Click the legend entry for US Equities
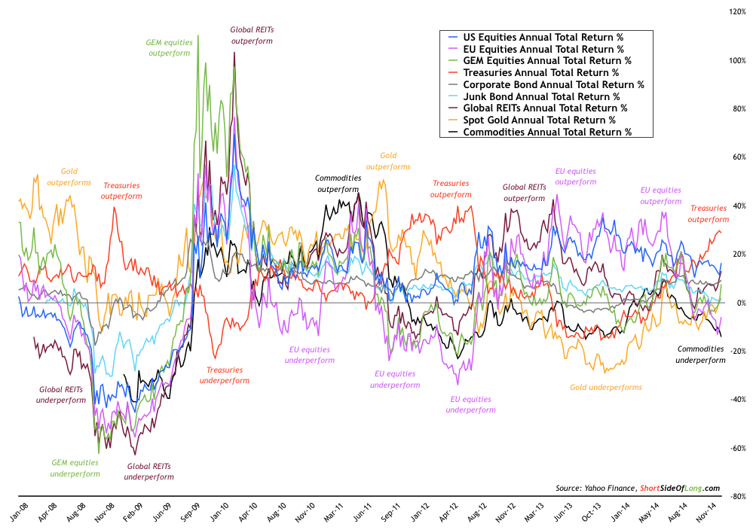click(543, 36)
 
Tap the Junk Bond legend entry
click(541, 96)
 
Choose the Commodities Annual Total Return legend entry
click(546, 132)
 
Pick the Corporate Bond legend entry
click(553, 84)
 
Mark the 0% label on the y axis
click(740, 303)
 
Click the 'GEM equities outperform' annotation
click(170, 48)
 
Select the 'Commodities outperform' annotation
click(338, 184)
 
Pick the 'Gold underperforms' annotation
click(605, 387)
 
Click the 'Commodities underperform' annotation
click(700, 355)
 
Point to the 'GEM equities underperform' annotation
click(75, 468)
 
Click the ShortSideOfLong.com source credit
click(679, 487)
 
